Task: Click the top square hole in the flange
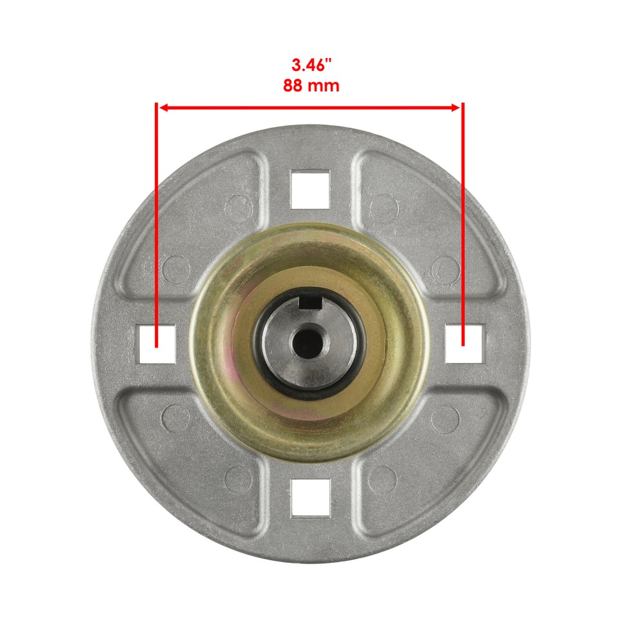pos(310,190)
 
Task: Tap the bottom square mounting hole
pos(310,498)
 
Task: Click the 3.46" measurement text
pos(310,65)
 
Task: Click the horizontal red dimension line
pos(310,108)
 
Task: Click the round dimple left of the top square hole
pos(238,207)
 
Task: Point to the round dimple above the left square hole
pos(175,269)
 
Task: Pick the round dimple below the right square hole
pos(445,418)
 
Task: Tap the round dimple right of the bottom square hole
pos(383,478)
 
